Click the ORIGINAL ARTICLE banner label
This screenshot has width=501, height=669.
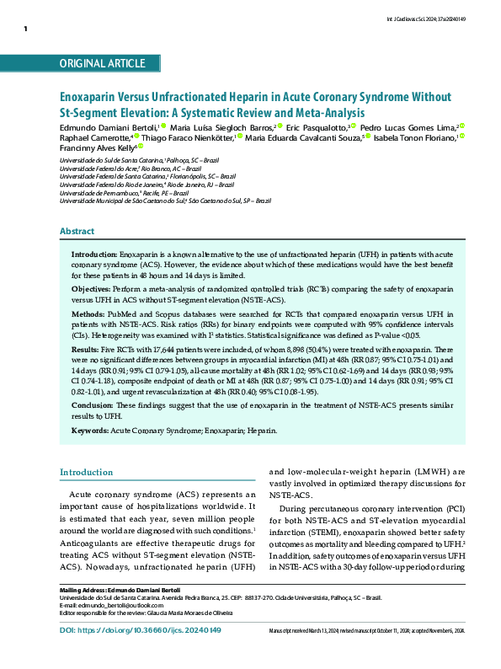click(x=103, y=64)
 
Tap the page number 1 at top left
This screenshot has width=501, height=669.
click(x=26, y=29)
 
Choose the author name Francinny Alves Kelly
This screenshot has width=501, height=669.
click(x=97, y=147)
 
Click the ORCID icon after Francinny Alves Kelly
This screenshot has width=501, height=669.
click(x=141, y=146)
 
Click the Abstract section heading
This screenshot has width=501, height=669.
click(x=77, y=231)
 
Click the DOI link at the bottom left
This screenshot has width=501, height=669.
click(x=141, y=654)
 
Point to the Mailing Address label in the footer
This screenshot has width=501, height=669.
click(x=82, y=612)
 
